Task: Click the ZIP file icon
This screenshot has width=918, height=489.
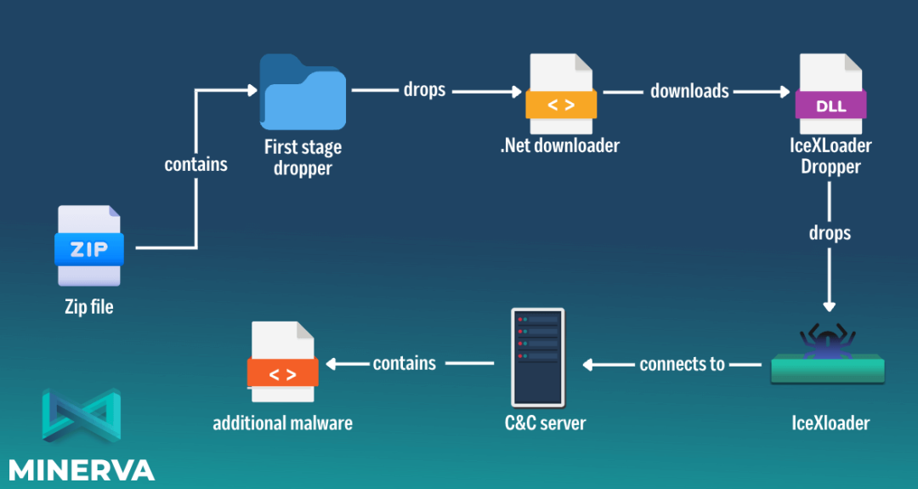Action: point(89,247)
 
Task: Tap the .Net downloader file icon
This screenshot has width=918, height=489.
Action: point(561,94)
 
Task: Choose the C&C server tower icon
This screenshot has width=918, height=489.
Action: point(538,357)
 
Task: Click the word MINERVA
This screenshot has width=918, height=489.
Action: point(82,469)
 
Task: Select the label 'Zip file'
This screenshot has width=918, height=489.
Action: point(89,307)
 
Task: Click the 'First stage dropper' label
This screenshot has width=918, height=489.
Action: point(303,157)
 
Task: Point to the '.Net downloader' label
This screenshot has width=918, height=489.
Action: point(560,145)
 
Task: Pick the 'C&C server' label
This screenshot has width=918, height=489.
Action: point(545,423)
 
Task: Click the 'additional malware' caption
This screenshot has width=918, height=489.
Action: point(282,423)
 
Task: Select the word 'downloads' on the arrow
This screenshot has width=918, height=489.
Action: point(689,90)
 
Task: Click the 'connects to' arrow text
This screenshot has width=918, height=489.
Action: point(682,364)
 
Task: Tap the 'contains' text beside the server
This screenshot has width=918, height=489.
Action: point(405,363)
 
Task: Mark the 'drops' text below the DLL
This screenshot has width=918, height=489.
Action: point(830,232)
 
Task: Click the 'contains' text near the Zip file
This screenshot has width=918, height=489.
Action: point(196,164)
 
